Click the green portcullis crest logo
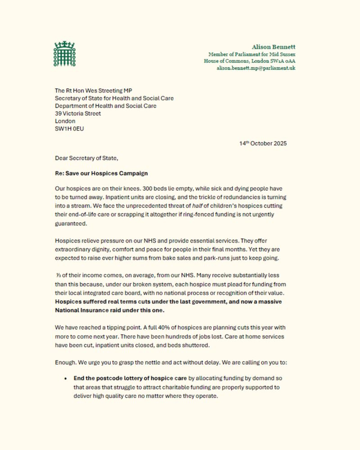click(65, 54)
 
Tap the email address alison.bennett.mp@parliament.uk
click(256, 68)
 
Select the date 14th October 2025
click(263, 144)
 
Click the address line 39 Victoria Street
click(78, 113)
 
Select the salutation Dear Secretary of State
click(86, 158)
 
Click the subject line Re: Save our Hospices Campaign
click(101, 173)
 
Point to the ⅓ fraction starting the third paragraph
click(58, 274)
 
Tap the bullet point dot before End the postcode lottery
click(66, 378)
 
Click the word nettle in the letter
click(160, 361)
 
